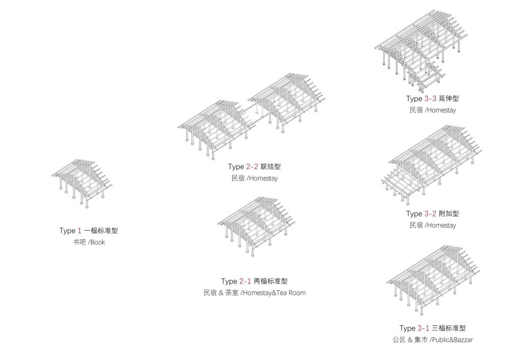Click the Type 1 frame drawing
point(83,182)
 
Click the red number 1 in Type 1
point(79,231)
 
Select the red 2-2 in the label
point(252,167)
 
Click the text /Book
point(96,242)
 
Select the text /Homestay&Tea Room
point(273,293)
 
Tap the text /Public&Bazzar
point(451,340)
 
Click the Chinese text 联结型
point(271,167)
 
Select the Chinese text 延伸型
point(449,98)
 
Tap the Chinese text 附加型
point(449,214)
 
